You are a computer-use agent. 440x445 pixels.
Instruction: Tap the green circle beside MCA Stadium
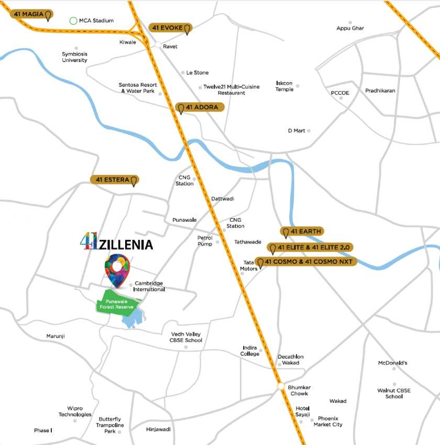pos(73,21)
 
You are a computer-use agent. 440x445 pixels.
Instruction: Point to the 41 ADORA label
pos(200,107)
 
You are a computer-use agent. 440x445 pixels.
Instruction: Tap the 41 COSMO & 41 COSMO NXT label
pos(306,262)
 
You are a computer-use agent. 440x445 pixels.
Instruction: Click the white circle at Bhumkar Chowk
pos(281,387)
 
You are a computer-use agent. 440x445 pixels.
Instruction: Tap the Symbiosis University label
pos(74,57)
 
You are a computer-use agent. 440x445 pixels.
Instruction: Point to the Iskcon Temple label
pos(285,86)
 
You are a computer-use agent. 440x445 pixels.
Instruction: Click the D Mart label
pos(296,131)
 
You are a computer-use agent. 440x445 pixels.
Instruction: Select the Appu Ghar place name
pos(350,28)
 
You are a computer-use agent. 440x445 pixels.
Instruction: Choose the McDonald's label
pos(393,363)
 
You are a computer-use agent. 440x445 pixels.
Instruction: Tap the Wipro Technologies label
pos(75,411)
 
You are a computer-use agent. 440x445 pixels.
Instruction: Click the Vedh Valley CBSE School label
pos(186,337)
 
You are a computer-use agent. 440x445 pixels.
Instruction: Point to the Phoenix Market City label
pos(328,421)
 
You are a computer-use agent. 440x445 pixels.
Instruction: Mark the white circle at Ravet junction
pos(158,46)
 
